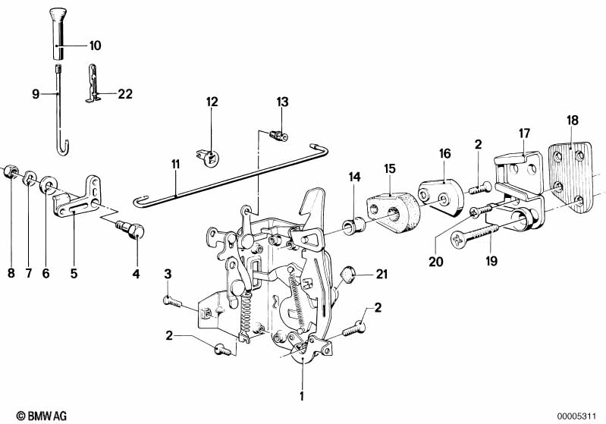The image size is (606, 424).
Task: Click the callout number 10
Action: pyautogui.click(x=94, y=46)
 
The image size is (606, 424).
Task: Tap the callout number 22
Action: pyautogui.click(x=124, y=95)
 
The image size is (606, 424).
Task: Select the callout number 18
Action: pyautogui.click(x=573, y=119)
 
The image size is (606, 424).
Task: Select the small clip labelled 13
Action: pyautogui.click(x=278, y=136)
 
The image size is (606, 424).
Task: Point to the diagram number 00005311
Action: pyautogui.click(x=580, y=416)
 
